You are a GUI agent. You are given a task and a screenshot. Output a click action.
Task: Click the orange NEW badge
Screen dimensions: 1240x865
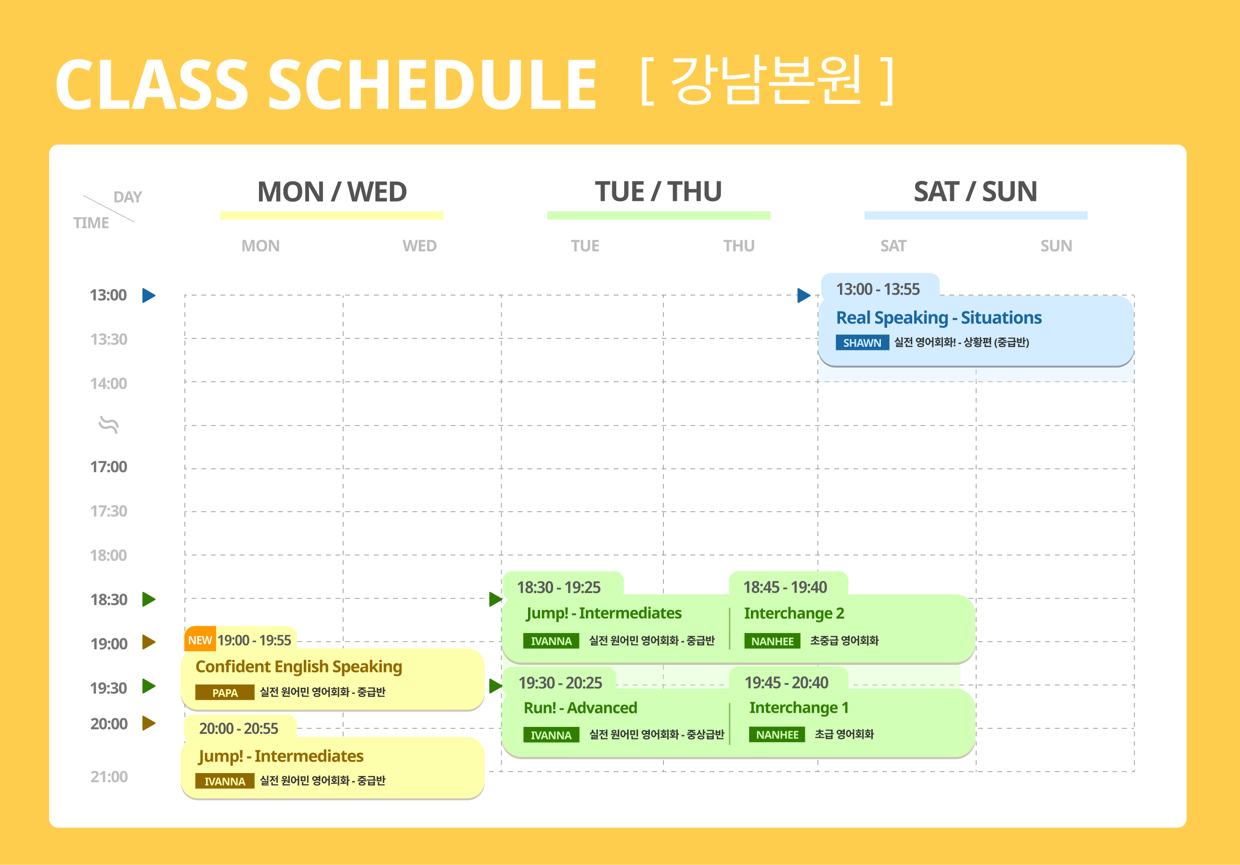200,640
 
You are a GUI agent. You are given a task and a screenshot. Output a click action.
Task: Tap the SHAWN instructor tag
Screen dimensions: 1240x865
862,343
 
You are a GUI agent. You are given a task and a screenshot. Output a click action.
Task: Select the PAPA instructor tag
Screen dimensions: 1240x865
225,692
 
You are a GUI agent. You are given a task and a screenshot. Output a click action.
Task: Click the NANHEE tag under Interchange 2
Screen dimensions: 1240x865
772,641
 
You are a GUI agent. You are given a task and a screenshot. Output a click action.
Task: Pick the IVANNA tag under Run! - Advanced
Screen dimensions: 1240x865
551,735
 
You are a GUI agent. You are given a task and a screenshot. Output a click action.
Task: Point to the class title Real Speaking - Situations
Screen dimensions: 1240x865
939,318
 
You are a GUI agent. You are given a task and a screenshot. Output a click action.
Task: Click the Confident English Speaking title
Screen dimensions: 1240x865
298,666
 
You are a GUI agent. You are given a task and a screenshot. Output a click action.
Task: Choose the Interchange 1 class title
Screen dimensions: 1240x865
799,707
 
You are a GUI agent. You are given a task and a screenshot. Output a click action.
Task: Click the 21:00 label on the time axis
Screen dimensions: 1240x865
109,776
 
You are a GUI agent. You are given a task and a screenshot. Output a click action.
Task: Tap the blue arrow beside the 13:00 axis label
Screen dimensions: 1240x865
149,296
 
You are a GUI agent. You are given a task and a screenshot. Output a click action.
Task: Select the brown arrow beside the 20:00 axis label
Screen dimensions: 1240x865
149,723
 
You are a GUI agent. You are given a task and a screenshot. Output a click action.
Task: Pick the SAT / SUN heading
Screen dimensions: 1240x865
975,192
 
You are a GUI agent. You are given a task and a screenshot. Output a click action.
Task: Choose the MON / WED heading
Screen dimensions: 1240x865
332,192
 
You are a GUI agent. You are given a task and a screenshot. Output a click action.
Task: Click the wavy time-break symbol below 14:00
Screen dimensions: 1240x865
109,425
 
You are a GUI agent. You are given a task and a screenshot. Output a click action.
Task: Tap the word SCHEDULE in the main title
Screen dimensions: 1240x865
432,85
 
